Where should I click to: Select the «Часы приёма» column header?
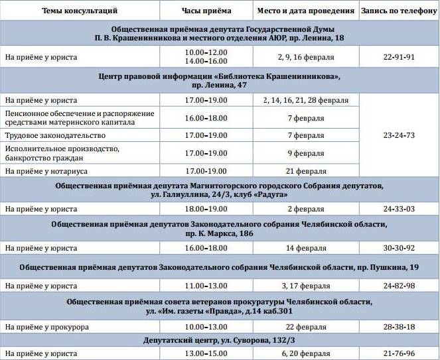[206, 11]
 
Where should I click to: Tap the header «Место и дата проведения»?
[305, 11]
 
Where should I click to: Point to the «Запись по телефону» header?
[398, 11]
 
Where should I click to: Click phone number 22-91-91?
[398, 57]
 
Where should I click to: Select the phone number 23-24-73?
[398, 135]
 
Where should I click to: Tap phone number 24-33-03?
[398, 209]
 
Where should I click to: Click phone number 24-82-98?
[398, 286]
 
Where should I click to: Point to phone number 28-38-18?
[398, 327]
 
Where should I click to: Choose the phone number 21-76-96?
[398, 353]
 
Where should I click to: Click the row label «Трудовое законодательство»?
[46, 135]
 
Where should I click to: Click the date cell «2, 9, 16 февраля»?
[305, 57]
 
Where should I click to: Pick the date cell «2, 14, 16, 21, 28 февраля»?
[305, 100]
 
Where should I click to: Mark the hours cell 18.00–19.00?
[206, 209]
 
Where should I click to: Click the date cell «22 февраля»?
[305, 327]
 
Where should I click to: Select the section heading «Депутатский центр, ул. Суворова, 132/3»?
[220, 340]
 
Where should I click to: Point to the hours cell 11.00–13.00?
[206, 286]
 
